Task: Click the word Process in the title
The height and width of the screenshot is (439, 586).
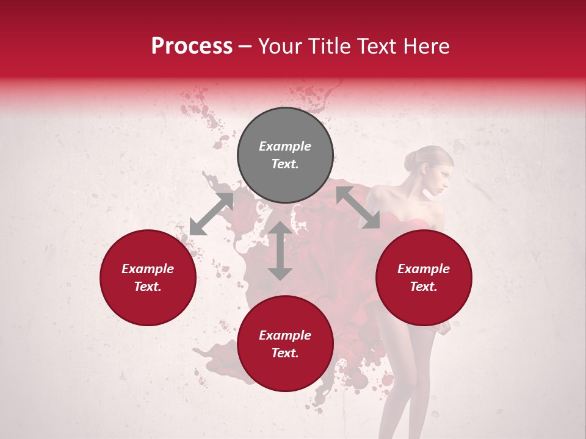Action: pyautogui.click(x=192, y=46)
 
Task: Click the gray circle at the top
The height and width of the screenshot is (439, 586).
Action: pyautogui.click(x=285, y=155)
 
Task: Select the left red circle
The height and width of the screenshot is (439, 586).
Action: pyautogui.click(x=148, y=277)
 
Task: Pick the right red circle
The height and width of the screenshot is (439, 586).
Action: pyautogui.click(x=424, y=277)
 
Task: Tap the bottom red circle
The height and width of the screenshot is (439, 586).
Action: pyautogui.click(x=285, y=344)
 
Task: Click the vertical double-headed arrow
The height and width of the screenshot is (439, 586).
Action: pyautogui.click(x=280, y=251)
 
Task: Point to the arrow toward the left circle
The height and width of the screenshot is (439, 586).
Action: pyautogui.click(x=211, y=214)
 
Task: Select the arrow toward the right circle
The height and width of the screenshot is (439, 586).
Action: pyautogui.click(x=358, y=207)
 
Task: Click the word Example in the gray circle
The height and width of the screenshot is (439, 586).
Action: pyautogui.click(x=285, y=146)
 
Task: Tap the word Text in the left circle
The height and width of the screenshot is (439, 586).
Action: pyautogui.click(x=148, y=287)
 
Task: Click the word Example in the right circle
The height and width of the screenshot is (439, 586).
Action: pyautogui.click(x=424, y=269)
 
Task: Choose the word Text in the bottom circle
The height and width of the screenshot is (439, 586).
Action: pyautogui.click(x=285, y=353)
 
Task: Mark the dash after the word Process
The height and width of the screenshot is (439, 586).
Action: pyautogui.click(x=245, y=46)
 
